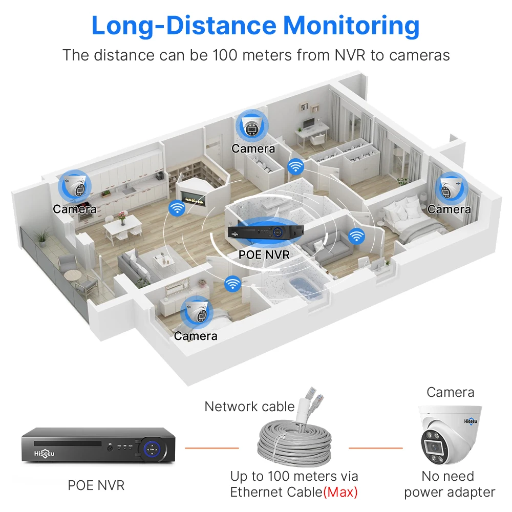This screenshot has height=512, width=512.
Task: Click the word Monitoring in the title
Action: point(352,26)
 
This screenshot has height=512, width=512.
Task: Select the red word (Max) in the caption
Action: point(340,493)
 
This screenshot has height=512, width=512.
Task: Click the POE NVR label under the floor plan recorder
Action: point(264,253)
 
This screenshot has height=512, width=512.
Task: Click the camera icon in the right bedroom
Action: point(451,189)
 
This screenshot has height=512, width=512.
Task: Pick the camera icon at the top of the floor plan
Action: point(251,124)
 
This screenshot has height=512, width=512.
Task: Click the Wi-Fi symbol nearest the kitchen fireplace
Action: point(177,208)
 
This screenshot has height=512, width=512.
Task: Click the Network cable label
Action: point(249,407)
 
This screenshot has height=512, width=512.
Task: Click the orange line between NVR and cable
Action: point(211,448)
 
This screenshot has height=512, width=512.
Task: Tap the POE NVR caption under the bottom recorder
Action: point(96,485)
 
